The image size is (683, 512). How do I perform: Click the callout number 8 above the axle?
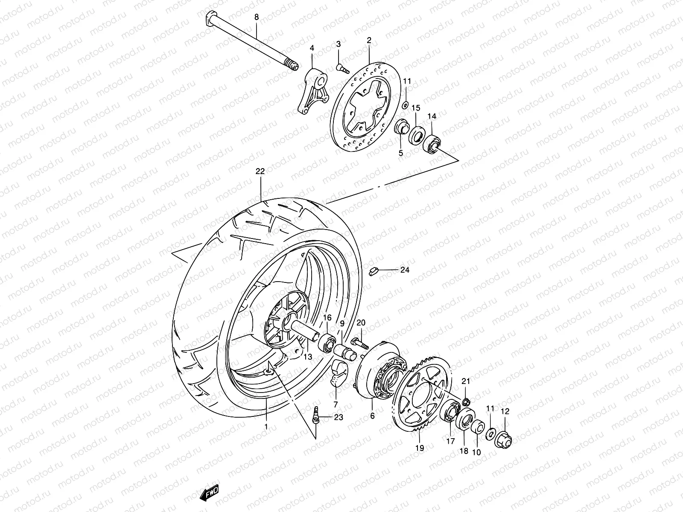(x=257, y=17)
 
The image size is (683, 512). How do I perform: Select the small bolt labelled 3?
(x=342, y=68)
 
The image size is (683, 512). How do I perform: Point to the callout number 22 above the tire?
(x=260, y=171)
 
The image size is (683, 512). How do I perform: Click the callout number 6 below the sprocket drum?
(x=372, y=415)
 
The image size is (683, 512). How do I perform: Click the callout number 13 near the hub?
(x=308, y=356)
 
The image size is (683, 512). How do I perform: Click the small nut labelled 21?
(x=467, y=401)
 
